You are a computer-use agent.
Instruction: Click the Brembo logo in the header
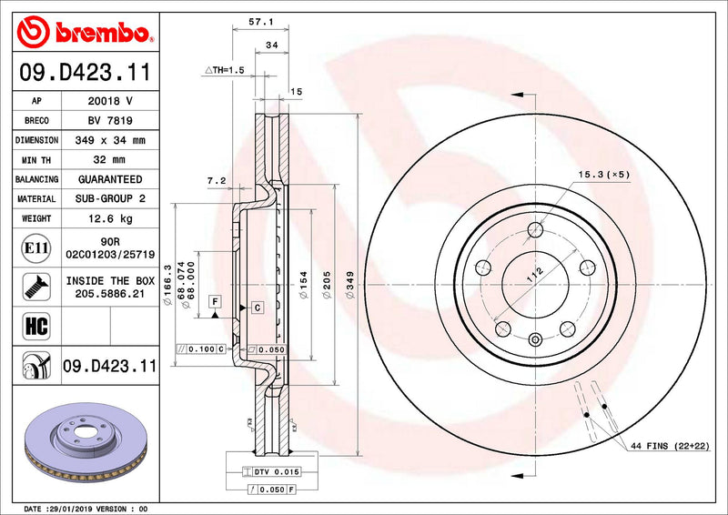point(85,34)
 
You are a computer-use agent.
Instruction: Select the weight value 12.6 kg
point(108,219)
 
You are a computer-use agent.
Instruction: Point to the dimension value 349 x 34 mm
point(108,141)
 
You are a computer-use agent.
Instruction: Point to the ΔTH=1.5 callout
point(225,70)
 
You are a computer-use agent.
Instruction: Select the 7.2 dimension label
point(216,181)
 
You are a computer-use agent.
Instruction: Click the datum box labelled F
point(215,300)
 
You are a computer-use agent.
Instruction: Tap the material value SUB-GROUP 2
point(108,199)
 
